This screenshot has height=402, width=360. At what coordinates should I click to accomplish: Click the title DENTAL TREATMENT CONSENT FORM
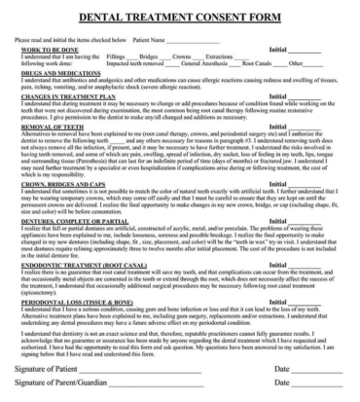[180, 17]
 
